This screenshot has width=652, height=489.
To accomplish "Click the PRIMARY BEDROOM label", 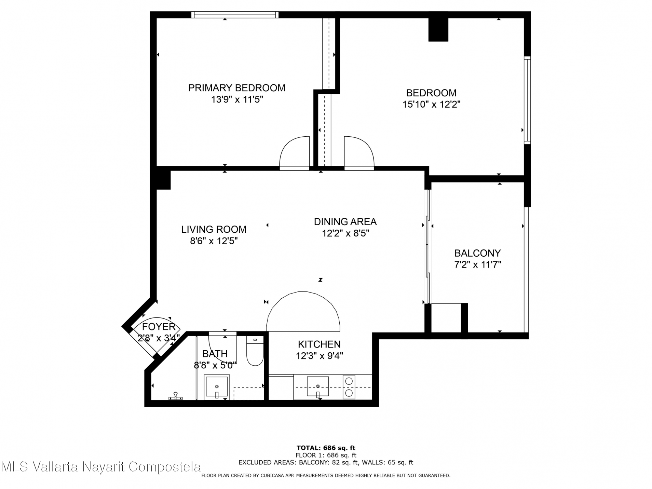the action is pyautogui.click(x=236, y=88).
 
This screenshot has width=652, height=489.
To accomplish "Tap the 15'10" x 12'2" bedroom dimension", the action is pyautogui.click(x=431, y=104).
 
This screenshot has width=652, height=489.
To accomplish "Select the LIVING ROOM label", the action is pyautogui.click(x=214, y=229).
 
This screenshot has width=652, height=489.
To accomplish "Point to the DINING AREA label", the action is pyautogui.click(x=345, y=222).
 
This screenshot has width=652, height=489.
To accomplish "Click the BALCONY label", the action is pyautogui.click(x=477, y=253).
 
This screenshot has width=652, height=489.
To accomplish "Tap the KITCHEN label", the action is pyautogui.click(x=319, y=344).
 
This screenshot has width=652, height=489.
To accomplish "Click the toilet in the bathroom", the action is pyautogui.click(x=255, y=351).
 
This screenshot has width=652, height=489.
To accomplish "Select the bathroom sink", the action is pyautogui.click(x=217, y=387).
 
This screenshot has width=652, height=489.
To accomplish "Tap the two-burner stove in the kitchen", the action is pyautogui.click(x=349, y=386).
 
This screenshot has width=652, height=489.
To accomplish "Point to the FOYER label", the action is pyautogui.click(x=159, y=327).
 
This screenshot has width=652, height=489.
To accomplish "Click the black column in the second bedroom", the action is pyautogui.click(x=438, y=29).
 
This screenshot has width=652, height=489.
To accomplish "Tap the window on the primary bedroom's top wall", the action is pyautogui.click(x=234, y=15).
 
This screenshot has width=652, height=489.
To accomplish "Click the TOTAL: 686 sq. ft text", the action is pyautogui.click(x=326, y=448).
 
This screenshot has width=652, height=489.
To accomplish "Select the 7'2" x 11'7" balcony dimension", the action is pyautogui.click(x=477, y=265).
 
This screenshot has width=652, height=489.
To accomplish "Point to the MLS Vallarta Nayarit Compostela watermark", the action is pyautogui.click(x=101, y=466).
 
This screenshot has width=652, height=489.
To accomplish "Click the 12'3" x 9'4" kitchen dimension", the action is pyautogui.click(x=319, y=356).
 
